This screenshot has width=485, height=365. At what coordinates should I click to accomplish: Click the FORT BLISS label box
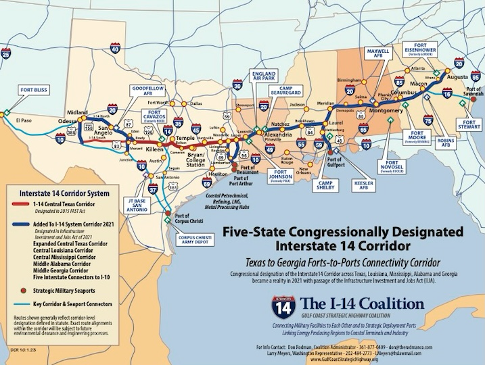(x=34, y=89)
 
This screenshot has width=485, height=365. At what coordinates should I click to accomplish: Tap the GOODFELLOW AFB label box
(x=147, y=91)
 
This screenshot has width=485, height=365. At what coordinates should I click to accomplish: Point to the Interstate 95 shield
(x=476, y=78)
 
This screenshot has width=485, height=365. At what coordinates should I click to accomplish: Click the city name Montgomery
(x=386, y=110)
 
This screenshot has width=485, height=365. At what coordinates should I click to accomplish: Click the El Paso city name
(x=22, y=121)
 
